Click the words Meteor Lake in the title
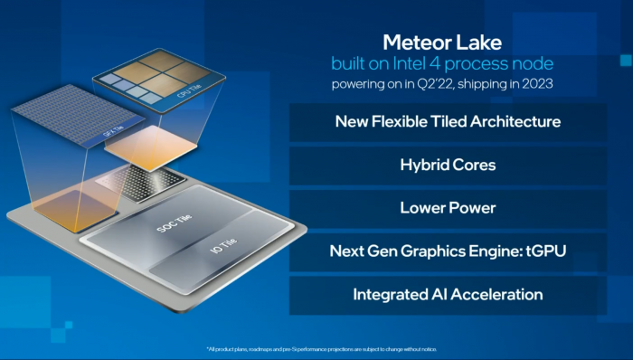click(441, 43)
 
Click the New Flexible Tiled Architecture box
click(448, 121)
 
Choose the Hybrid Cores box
click(448, 165)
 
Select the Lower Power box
click(448, 208)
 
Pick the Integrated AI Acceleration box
click(448, 295)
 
